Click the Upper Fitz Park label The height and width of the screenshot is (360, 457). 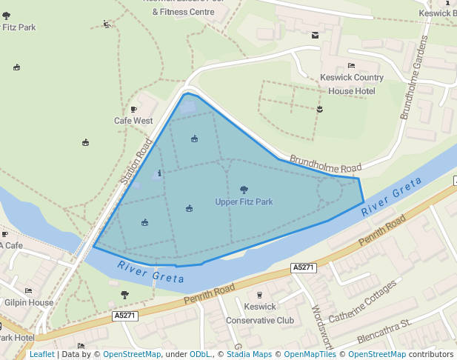click(244, 202)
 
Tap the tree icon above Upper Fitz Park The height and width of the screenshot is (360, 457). click(244, 190)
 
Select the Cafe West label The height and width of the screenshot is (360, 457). click(133, 121)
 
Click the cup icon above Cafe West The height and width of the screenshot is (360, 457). click(133, 109)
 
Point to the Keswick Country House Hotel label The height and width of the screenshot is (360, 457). click(352, 84)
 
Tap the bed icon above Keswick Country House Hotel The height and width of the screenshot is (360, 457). click(351, 66)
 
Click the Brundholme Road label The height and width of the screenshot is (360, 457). click(325, 163)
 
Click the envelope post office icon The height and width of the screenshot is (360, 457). click(315, 35)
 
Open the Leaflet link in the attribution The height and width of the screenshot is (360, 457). click(41, 355)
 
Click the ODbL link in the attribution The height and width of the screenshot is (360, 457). click(199, 355)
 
